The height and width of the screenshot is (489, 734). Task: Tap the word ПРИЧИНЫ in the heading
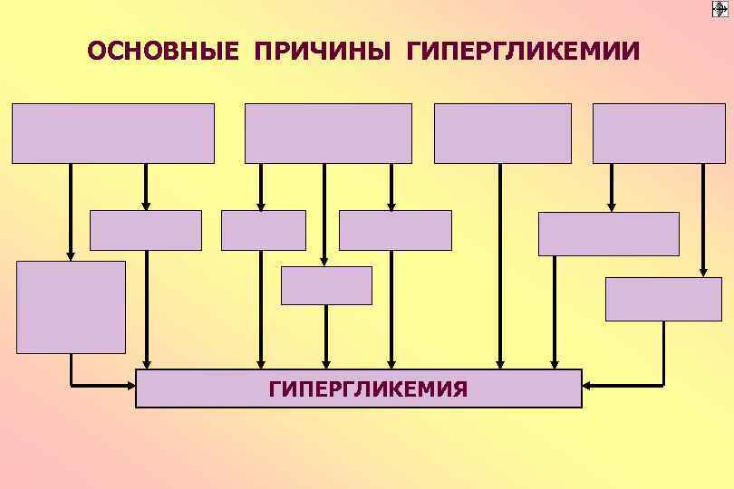click(x=322, y=51)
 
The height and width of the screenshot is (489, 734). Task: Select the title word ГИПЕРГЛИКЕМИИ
click(x=523, y=51)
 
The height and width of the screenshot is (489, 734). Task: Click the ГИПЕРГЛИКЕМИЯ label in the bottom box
click(x=368, y=389)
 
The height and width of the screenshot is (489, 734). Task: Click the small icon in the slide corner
click(x=721, y=9)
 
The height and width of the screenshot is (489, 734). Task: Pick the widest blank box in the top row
click(x=113, y=133)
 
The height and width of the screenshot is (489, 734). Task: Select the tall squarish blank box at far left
click(x=71, y=307)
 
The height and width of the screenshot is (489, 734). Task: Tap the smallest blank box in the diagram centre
click(x=326, y=285)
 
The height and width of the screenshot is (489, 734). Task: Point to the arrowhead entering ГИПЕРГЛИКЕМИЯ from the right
click(x=587, y=386)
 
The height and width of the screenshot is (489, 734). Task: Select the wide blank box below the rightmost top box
click(x=608, y=234)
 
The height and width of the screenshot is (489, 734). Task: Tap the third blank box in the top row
click(x=503, y=133)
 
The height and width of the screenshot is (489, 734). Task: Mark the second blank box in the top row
click(x=328, y=133)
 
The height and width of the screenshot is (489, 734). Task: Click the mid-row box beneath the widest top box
click(x=146, y=230)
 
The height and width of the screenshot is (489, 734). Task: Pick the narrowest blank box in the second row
click(x=264, y=230)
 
